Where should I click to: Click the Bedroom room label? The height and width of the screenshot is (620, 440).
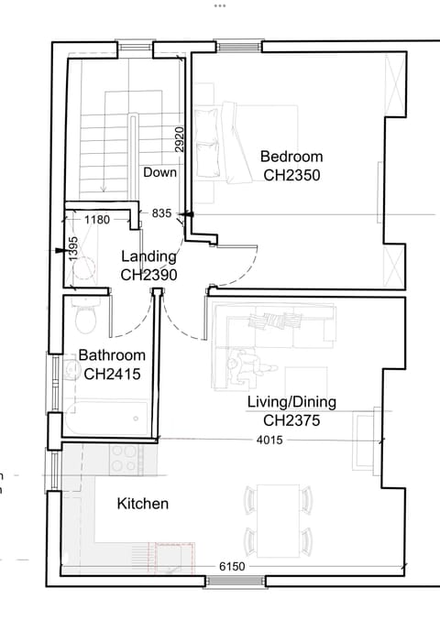291,156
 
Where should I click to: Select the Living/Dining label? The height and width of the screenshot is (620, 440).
291,403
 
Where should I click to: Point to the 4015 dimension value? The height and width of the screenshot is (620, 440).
269,441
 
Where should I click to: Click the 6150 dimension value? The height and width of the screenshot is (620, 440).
233,568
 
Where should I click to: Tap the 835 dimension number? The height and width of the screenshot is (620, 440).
161,213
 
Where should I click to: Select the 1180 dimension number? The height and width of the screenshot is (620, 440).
97,220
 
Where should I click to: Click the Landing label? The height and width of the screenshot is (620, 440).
148,256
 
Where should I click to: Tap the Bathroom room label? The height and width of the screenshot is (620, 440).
111,355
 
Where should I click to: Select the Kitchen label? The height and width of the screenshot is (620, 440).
143,504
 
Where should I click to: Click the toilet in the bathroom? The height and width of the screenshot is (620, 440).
86,320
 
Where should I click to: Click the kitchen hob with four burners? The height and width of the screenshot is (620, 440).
123,458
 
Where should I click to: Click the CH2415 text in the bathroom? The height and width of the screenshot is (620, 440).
111,373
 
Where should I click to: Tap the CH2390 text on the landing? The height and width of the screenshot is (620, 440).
148,274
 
